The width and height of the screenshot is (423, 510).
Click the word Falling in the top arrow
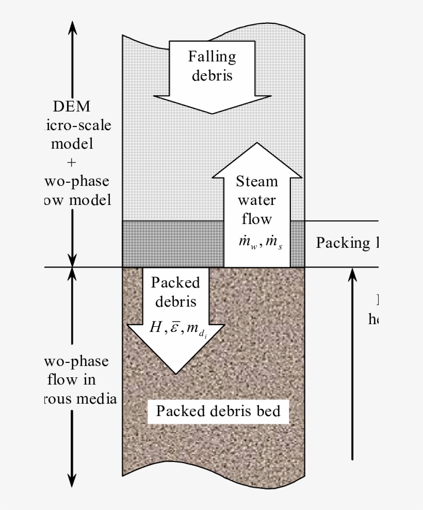pos(212,56)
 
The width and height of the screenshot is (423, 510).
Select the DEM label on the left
pos(72,107)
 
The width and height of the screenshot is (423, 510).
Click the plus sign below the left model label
pos(72,163)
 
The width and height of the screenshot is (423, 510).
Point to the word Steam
pos(256,182)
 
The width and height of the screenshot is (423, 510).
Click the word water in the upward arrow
pos(256,200)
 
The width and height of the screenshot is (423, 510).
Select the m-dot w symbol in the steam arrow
pos(243,243)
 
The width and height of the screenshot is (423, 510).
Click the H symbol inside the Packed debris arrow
pos(155,327)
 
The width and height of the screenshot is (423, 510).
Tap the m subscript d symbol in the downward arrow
pos(197,328)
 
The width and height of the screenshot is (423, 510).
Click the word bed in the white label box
pos(269,411)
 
